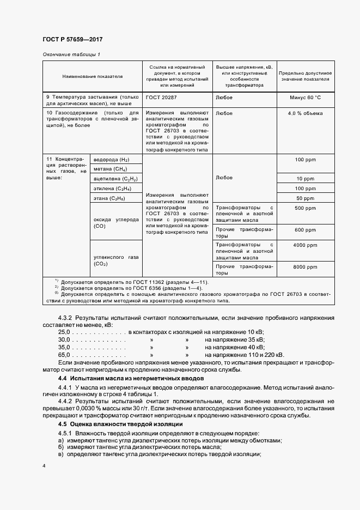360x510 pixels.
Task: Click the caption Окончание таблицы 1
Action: [x=71, y=54]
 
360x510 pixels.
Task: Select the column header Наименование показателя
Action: [x=92, y=77]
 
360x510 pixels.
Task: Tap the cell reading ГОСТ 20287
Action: [x=161, y=98]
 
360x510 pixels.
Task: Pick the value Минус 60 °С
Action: [x=306, y=98]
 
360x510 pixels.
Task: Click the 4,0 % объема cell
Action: [x=306, y=113]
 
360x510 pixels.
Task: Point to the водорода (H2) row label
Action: [x=112, y=160]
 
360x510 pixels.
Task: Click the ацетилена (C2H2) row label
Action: [x=115, y=179]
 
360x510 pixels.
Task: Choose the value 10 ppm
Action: [x=306, y=179]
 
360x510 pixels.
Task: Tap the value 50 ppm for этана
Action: [x=306, y=198]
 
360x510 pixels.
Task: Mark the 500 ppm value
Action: [x=306, y=208]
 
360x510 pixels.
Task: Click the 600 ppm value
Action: [x=306, y=230]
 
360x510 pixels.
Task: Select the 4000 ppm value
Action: [x=306, y=245]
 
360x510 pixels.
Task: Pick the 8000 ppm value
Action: [x=306, y=267]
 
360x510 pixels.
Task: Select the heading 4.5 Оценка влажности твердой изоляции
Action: [x=120, y=424]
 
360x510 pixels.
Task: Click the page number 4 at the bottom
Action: [x=44, y=466]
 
